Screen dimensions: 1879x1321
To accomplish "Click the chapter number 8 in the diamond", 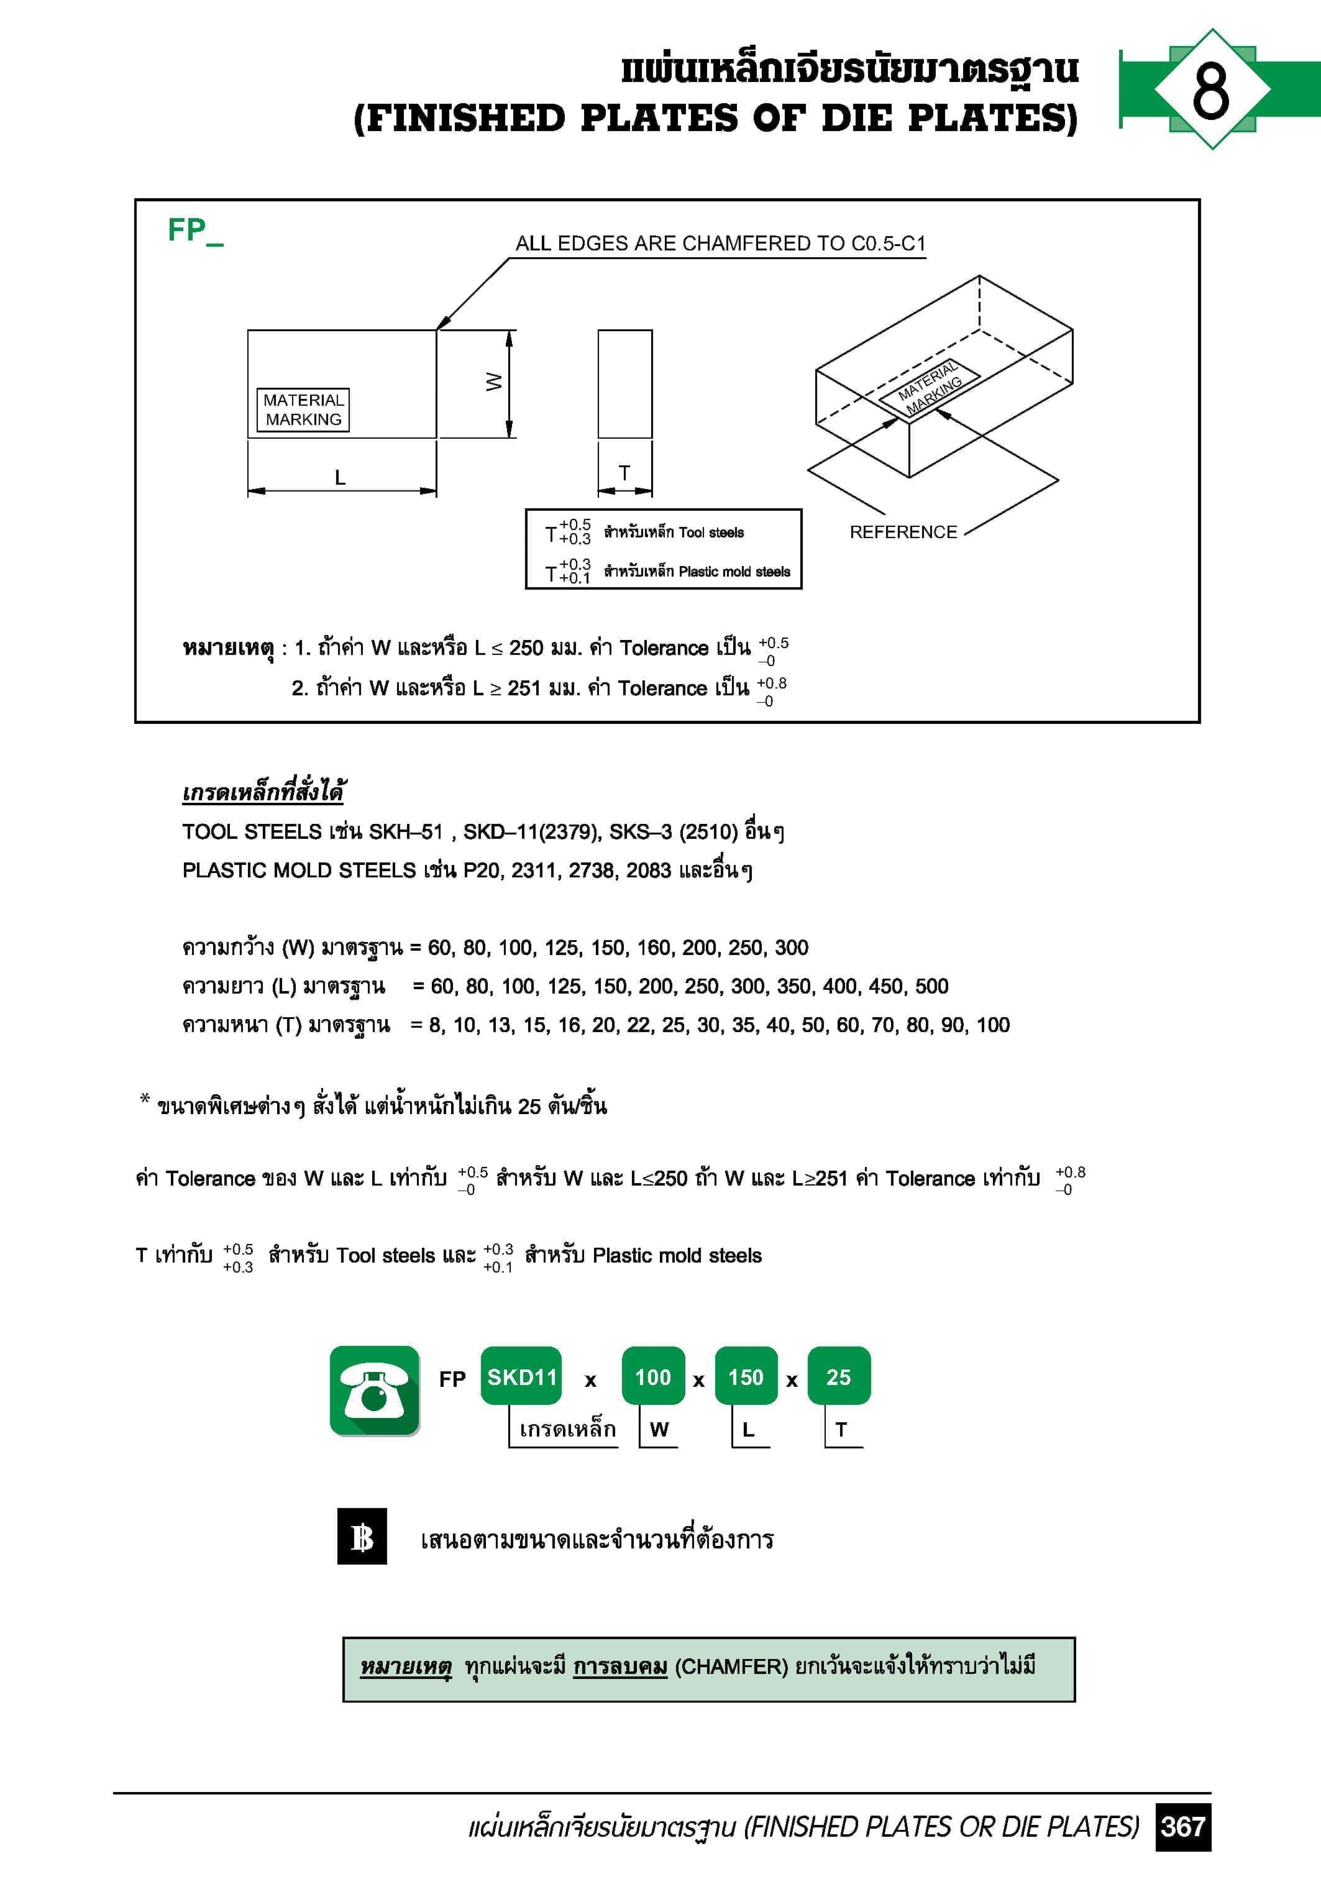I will click(1210, 89).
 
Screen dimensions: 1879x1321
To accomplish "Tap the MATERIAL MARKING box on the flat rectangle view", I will click(303, 410).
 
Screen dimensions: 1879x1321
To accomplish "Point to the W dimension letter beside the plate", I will click(493, 382).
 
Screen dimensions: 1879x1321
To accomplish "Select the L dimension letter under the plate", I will click(341, 477).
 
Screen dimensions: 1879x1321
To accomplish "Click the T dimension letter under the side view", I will click(624, 473).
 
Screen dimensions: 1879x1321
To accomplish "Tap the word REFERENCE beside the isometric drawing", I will click(903, 532).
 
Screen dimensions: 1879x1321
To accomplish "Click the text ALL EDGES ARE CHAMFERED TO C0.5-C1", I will click(720, 244).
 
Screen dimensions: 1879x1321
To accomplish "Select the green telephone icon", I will click(374, 1391).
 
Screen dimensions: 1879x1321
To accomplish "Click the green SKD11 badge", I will click(521, 1378).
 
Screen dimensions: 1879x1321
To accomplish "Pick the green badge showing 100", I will click(652, 1378).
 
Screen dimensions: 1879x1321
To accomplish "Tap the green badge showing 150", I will click(746, 1378).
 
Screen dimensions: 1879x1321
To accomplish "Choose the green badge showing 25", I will click(838, 1378).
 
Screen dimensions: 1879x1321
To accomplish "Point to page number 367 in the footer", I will click(1182, 1827).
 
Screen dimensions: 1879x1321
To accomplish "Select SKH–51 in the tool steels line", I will click(405, 831).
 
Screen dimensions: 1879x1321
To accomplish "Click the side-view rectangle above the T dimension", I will click(624, 384).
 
